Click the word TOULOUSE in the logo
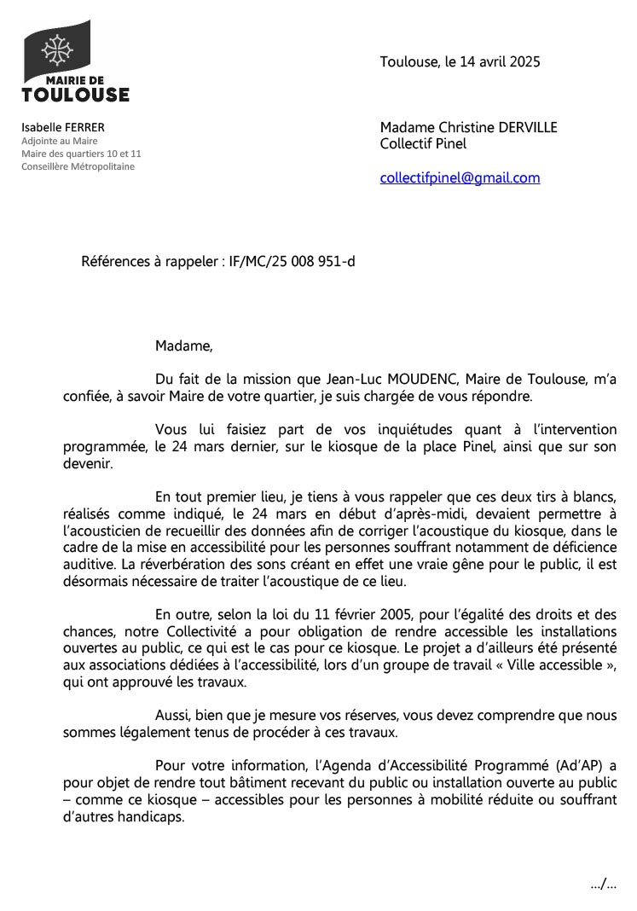tap(75, 94)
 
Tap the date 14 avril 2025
tap(502, 62)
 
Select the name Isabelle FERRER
tap(63, 127)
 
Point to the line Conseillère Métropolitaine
tap(78, 166)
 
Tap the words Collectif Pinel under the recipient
tap(423, 144)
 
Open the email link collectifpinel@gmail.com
tap(460, 177)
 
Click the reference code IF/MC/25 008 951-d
tap(292, 261)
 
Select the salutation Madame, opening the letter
tap(183, 345)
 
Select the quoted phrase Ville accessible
tap(554, 664)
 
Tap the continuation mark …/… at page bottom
tap(603, 885)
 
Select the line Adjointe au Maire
tap(60, 141)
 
